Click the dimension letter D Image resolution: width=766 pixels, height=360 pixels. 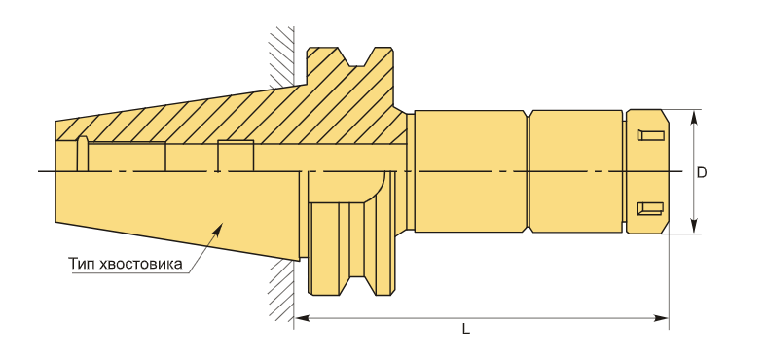click(702, 172)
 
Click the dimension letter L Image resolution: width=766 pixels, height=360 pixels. click(466, 330)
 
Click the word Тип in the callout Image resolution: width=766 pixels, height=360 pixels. click(81, 265)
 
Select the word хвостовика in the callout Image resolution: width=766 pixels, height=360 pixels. click(140, 265)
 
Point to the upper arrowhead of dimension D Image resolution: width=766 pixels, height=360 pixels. click(693, 118)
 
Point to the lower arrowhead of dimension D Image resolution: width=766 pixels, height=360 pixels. click(693, 226)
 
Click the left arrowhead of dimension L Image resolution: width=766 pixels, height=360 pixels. click(302, 318)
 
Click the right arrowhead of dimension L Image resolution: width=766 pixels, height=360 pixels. click(661, 318)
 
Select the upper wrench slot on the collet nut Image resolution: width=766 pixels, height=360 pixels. click(650, 135)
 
